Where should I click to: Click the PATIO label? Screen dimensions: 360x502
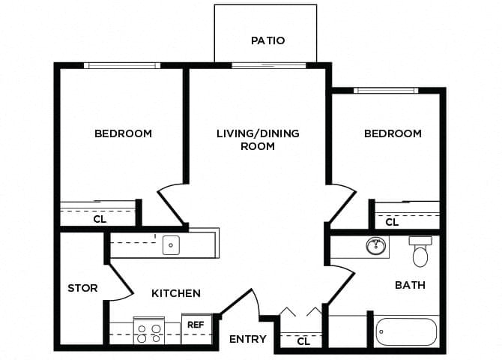267,40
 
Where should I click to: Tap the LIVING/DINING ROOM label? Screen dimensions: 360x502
258,139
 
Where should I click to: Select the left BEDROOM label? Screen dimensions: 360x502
123,133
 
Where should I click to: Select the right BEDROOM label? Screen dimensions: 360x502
393,133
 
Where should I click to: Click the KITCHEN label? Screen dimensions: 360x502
176,293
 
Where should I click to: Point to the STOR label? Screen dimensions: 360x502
82,288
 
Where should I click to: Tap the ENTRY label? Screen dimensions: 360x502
247,339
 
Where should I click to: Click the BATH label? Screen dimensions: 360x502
410,285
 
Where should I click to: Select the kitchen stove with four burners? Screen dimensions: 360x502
149,331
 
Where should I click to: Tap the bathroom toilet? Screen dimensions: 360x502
420,253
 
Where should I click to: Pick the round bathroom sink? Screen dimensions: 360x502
375,245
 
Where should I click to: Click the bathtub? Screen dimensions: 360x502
405,331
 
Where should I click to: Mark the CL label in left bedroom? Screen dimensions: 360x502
100,220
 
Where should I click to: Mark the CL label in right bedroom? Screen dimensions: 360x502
392,222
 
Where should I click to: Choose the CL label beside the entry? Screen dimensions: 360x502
303,341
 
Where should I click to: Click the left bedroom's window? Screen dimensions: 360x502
122,65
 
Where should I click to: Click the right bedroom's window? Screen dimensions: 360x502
386,91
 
